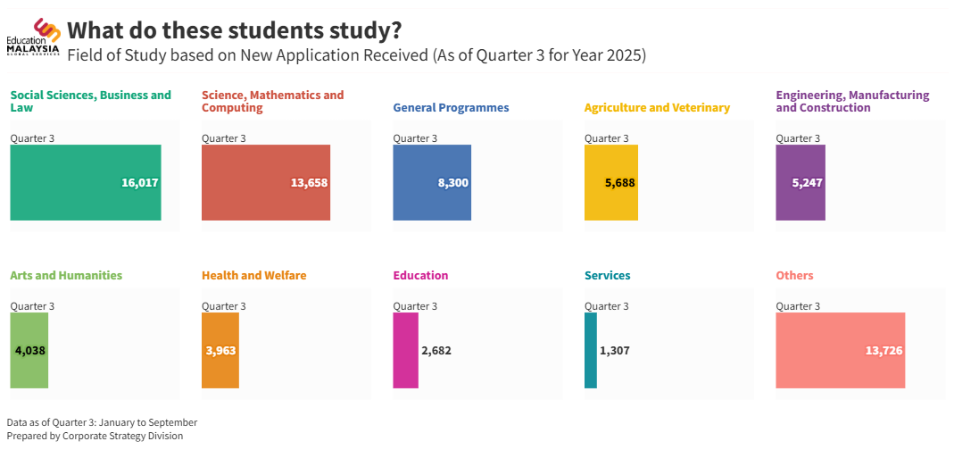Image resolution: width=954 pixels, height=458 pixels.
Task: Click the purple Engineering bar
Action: tap(800, 182)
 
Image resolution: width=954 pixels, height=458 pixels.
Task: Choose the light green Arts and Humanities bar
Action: tap(29, 350)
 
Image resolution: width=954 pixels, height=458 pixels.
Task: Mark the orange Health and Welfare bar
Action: tap(220, 350)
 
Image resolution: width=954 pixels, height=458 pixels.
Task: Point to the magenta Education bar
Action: tap(405, 350)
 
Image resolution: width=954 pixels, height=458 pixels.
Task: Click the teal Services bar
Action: tap(590, 350)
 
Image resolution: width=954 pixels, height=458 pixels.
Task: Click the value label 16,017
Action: tap(139, 183)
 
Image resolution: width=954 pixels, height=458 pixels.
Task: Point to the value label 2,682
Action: tap(436, 351)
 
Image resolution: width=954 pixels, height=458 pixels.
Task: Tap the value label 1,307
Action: tap(615, 351)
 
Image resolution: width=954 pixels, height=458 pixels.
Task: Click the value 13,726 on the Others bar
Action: tap(883, 351)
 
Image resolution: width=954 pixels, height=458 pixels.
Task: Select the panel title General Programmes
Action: tap(451, 108)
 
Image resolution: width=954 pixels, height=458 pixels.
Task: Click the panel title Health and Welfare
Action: tap(253, 276)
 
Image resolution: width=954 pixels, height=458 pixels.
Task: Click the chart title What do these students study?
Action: tap(235, 30)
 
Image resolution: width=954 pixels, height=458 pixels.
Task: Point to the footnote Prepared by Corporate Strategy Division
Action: tap(95, 436)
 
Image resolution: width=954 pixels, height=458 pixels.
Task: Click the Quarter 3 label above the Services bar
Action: tap(606, 306)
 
